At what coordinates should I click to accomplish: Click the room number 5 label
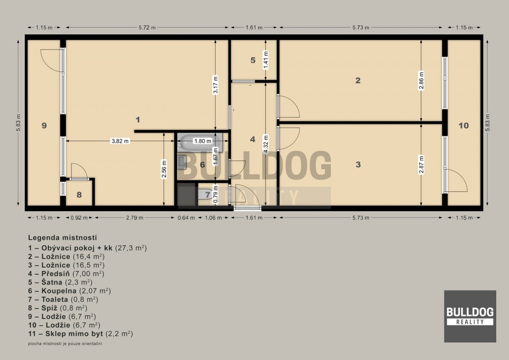click(x=253, y=60)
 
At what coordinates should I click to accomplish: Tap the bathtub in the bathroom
click(x=200, y=142)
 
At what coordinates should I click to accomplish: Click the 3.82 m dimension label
click(x=120, y=141)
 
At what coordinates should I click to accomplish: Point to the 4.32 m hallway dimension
click(x=266, y=144)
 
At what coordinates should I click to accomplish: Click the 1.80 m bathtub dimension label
click(x=202, y=141)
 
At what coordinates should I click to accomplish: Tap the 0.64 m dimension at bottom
click(x=186, y=218)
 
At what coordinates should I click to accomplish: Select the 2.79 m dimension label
click(x=135, y=218)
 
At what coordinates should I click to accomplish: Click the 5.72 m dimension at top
click(x=147, y=28)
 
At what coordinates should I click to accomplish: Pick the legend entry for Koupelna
click(x=69, y=291)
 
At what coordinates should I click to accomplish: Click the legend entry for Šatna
click(x=60, y=282)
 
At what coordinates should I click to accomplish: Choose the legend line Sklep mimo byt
click(x=81, y=334)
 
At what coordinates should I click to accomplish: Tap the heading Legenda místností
click(x=62, y=238)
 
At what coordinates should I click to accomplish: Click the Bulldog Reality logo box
click(x=470, y=316)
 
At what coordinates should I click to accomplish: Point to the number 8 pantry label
click(x=79, y=195)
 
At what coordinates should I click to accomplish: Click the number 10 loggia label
click(x=464, y=126)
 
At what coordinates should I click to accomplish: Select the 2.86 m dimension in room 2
click(x=421, y=81)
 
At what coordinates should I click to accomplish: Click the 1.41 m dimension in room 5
click(x=266, y=60)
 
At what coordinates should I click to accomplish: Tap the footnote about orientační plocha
click(x=65, y=343)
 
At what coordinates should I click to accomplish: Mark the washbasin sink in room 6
click(x=182, y=162)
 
